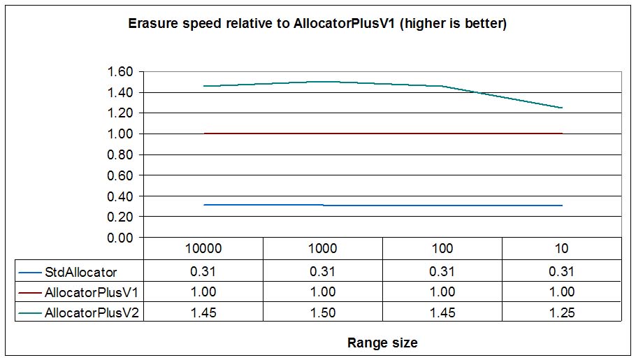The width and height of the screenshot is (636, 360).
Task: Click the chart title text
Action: pyautogui.click(x=317, y=24)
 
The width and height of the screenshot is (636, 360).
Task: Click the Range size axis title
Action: pyautogui.click(x=382, y=343)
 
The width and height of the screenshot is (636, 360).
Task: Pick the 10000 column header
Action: pyautogui.click(x=203, y=248)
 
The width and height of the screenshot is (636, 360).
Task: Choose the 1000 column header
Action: pyautogui.click(x=322, y=248)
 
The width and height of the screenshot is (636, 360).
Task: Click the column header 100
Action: pyautogui.click(x=442, y=248)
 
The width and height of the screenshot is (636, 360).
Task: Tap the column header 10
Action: pyautogui.click(x=562, y=248)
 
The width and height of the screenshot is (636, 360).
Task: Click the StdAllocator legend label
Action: pyautogui.click(x=80, y=271)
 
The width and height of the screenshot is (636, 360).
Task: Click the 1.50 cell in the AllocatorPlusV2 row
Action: pyautogui.click(x=322, y=313)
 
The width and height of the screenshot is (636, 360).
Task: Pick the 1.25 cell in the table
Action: pyautogui.click(x=562, y=313)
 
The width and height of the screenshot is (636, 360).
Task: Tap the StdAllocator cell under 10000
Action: pyautogui.click(x=203, y=271)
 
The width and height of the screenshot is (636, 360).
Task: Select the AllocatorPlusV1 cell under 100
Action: pyautogui.click(x=442, y=292)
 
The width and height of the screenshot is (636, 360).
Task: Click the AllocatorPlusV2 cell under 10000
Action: pyautogui.click(x=203, y=313)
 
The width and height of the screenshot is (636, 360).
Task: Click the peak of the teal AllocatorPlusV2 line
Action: pyautogui.click(x=323, y=82)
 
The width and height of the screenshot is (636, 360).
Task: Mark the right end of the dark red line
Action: pyautogui.click(x=562, y=134)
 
